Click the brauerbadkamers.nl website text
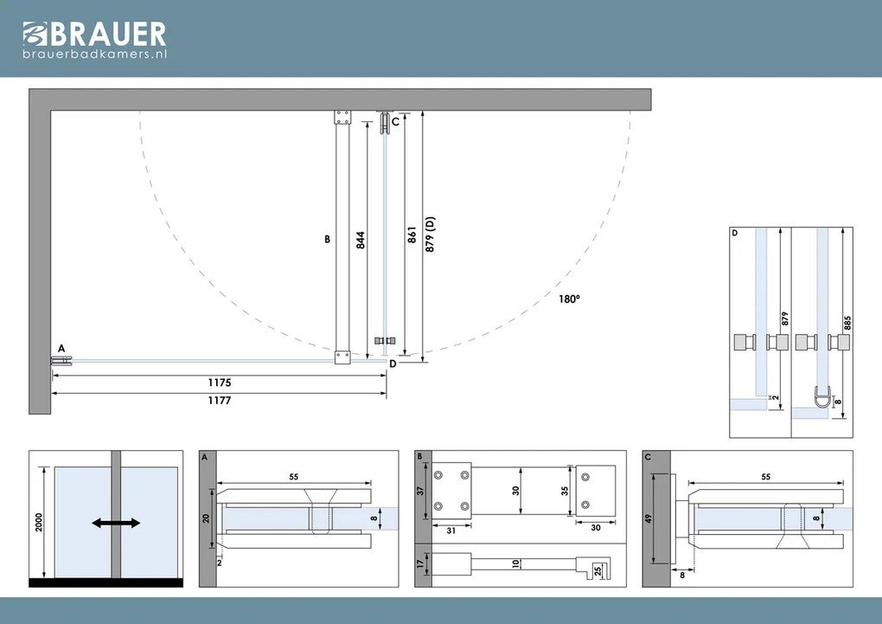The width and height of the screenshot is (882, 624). [94, 54]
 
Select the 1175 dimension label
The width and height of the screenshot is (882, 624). [219, 382]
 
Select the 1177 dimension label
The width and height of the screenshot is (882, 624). [219, 401]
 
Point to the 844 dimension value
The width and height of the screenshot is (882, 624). [360, 238]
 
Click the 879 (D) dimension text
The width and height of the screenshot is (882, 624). [430, 235]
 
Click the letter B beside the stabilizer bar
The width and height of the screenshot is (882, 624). [328, 239]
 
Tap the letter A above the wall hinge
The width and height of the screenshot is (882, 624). [61, 347]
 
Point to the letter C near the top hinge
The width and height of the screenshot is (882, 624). [395, 122]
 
